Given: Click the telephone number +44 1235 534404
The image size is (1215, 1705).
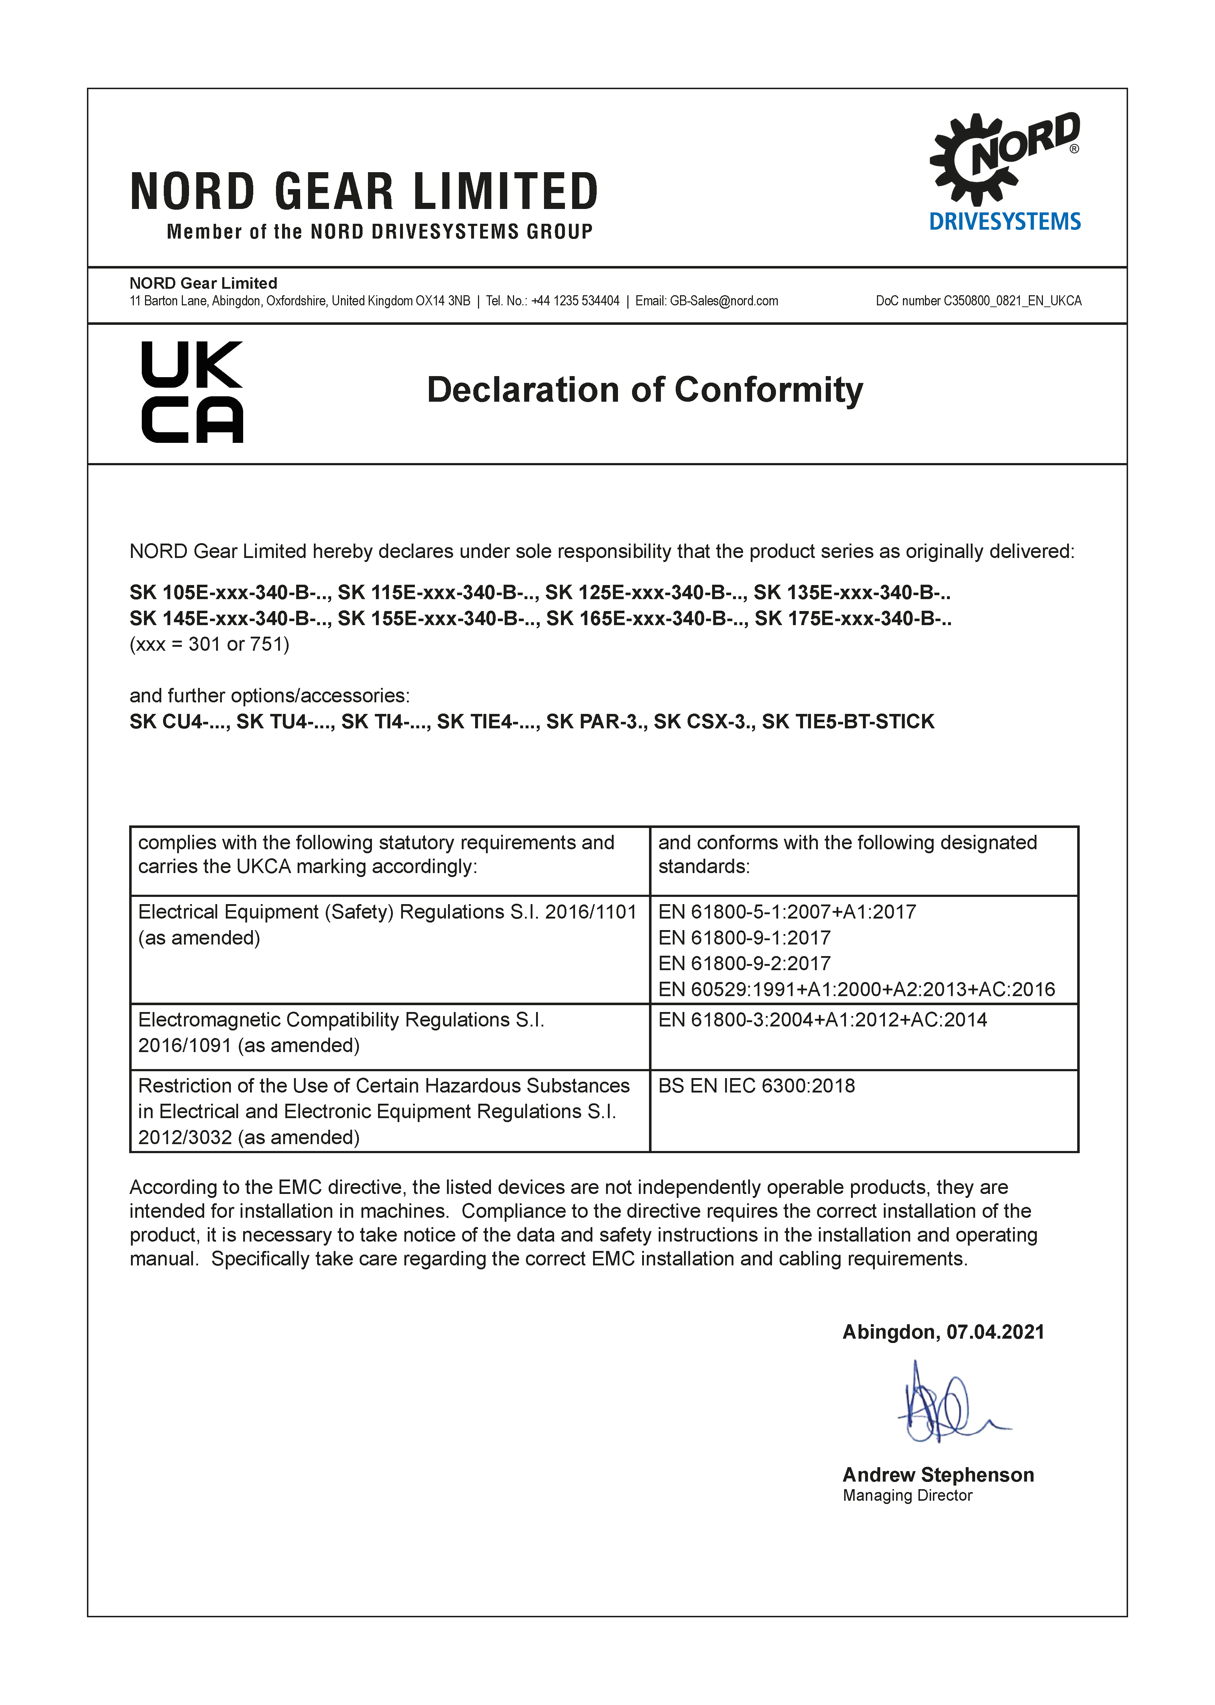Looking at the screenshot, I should [x=575, y=301].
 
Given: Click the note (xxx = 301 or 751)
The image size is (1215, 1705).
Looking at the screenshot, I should [x=210, y=644].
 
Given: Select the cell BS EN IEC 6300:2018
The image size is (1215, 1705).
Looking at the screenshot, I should [x=756, y=1086].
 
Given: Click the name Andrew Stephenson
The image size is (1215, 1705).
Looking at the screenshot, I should [x=938, y=1475].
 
